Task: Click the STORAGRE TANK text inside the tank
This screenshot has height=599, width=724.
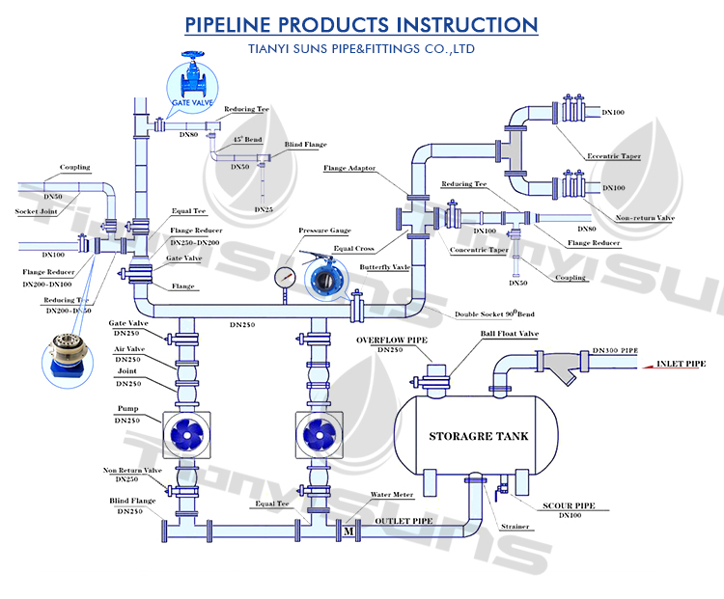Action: pyautogui.click(x=479, y=436)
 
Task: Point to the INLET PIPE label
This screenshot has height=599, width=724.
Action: pyautogui.click(x=681, y=365)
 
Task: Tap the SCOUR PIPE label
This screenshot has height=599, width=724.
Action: pyautogui.click(x=567, y=505)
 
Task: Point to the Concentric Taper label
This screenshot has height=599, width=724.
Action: pyautogui.click(x=479, y=250)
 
